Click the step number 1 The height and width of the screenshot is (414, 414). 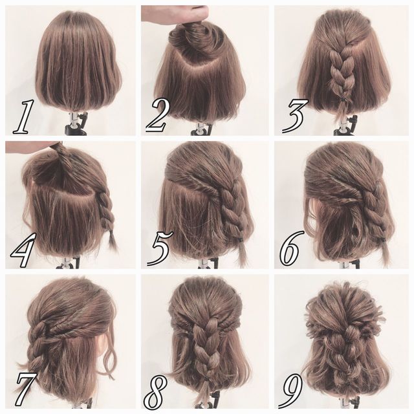point(24,116)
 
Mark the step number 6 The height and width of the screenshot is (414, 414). point(290,248)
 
